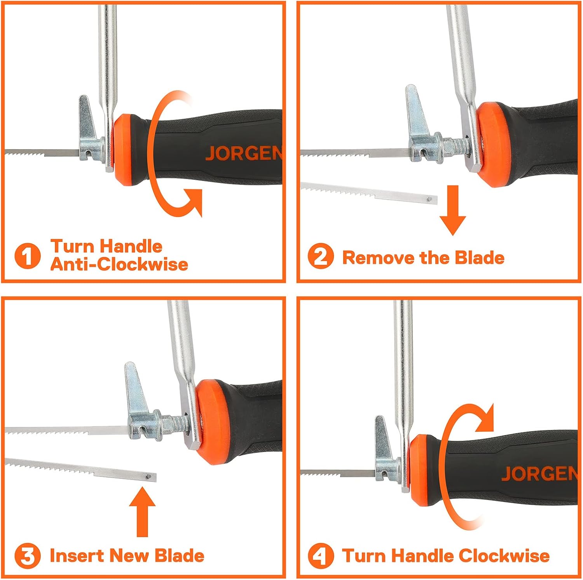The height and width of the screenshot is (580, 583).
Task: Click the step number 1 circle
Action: pos(27,256)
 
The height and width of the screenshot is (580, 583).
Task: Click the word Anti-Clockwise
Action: pos(119,264)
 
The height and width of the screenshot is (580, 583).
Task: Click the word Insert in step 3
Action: pos(75,556)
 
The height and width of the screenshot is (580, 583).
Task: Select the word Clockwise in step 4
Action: pos(504,556)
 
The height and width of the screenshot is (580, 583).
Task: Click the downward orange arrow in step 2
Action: pos(452,210)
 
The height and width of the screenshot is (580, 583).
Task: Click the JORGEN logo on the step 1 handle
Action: pos(244,153)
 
